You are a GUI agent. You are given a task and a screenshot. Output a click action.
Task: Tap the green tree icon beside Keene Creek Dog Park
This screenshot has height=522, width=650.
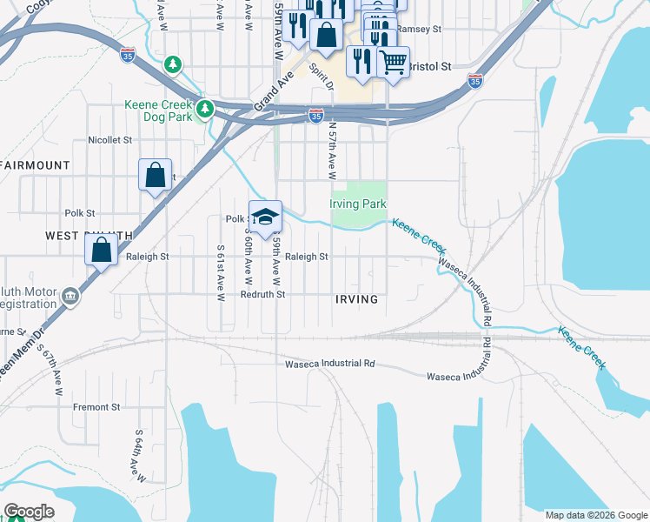[205, 109]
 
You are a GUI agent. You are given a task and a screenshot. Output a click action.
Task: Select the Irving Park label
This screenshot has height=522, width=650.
[357, 204]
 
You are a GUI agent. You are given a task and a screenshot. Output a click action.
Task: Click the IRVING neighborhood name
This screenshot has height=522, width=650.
[356, 299]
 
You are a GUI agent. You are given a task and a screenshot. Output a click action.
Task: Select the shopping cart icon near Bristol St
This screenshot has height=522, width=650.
[393, 62]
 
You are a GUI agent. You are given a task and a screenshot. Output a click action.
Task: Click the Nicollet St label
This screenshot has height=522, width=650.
[109, 139]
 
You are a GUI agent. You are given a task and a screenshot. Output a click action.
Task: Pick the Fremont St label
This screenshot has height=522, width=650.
[96, 407]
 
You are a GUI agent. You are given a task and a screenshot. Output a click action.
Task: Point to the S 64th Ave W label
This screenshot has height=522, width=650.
[136, 453]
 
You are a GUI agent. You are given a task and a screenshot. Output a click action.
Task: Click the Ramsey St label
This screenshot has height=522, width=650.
[420, 29]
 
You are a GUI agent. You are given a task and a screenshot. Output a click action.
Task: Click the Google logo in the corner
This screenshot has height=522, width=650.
[29, 512]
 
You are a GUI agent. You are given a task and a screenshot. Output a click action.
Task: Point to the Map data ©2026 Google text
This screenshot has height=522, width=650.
[596, 515]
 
